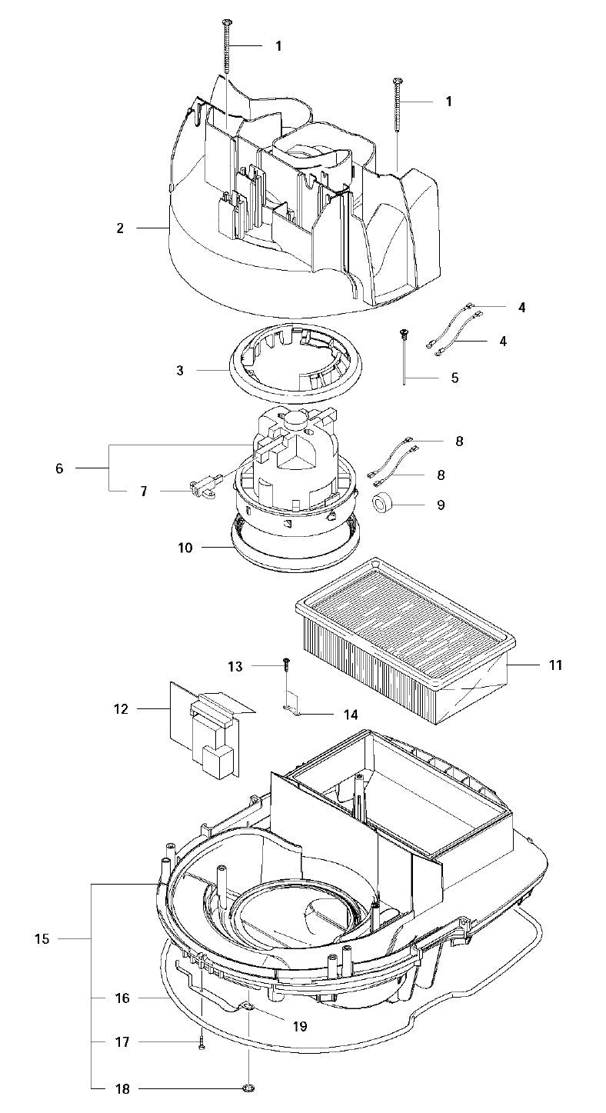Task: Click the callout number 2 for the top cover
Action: coord(120,228)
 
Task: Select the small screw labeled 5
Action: coord(402,334)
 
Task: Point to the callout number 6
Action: coord(59,468)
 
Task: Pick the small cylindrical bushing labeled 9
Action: coord(383,505)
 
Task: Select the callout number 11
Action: coord(554,664)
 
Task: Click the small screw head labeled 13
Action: coord(285,660)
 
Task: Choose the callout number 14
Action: coord(350,715)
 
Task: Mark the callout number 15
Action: coord(42,938)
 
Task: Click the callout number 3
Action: coord(180,370)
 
